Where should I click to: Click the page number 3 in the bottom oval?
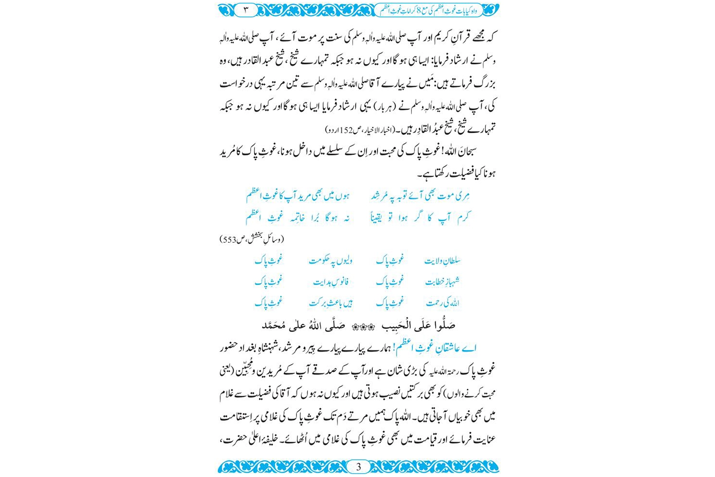[x=358, y=467]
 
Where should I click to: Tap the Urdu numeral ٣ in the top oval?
[x=246, y=10]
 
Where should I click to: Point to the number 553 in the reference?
[x=230, y=239]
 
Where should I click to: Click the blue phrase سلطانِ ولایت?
[x=442, y=260]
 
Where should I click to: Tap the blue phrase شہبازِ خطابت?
[x=442, y=281]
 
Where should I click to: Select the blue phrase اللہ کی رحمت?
[x=442, y=302]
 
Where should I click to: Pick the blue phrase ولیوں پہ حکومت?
[x=331, y=260]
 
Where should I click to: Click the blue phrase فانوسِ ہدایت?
[x=331, y=281]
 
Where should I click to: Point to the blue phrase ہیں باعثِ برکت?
[x=331, y=302]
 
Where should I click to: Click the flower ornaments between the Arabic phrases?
[x=363, y=327]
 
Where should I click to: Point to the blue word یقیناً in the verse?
[x=381, y=218]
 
